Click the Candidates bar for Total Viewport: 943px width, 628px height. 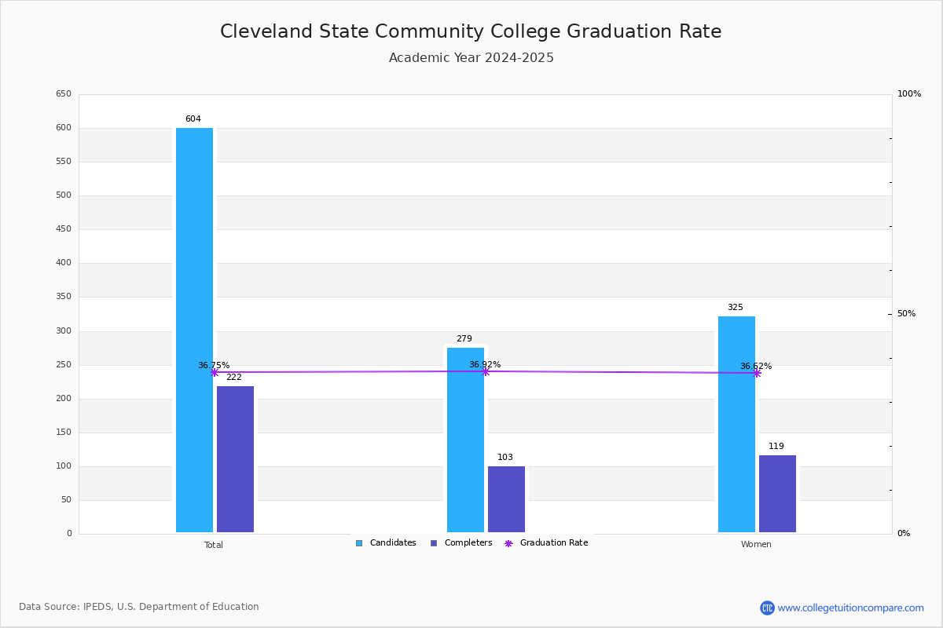pyautogui.click(x=195, y=330)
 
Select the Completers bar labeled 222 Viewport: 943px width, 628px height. pyautogui.click(x=235, y=459)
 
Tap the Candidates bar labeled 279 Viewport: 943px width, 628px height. pyautogui.click(x=465, y=440)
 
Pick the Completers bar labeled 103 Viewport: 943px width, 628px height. pyautogui.click(x=506, y=498)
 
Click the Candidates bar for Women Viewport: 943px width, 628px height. pyautogui.click(x=737, y=424)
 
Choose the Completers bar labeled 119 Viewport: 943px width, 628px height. pyautogui.click(x=777, y=494)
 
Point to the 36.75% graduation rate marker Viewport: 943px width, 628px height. pyautogui.click(x=215, y=372)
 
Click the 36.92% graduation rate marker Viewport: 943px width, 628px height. pyautogui.click(x=486, y=371)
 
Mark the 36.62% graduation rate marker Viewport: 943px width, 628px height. pyautogui.click(x=757, y=373)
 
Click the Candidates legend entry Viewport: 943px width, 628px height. pyautogui.click(x=386, y=542)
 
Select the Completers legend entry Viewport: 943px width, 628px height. pyautogui.click(x=461, y=542)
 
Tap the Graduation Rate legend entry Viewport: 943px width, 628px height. pyautogui.click(x=546, y=542)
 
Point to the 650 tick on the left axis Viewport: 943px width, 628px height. pyautogui.click(x=64, y=93)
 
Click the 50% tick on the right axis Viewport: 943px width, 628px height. pyautogui.click(x=906, y=313)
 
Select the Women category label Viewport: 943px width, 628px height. pyautogui.click(x=756, y=544)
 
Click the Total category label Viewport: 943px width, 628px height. pyautogui.click(x=214, y=545)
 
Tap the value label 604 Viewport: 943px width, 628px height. pyautogui.click(x=193, y=119)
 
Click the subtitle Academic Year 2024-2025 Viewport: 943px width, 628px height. pyautogui.click(x=471, y=57)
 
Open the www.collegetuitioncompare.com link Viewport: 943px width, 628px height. pyautogui.click(x=850, y=608)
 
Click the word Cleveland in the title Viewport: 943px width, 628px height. pyautogui.click(x=266, y=31)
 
